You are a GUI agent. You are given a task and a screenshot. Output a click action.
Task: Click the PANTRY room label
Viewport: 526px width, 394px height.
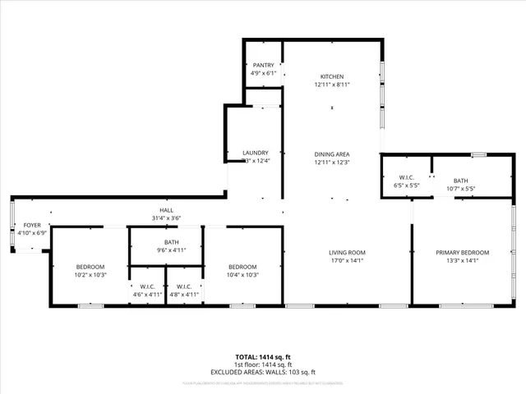pos(263,65)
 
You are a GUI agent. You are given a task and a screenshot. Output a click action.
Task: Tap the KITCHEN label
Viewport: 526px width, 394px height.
pos(332,76)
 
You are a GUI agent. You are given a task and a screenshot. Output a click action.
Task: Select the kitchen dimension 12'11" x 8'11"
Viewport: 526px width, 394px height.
pos(332,85)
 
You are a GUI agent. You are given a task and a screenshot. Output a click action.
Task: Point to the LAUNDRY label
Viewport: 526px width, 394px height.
pos(256,153)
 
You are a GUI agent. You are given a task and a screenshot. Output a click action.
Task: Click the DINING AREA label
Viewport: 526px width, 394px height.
pos(332,153)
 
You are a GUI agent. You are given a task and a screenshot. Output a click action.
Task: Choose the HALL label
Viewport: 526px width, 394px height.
pos(166,210)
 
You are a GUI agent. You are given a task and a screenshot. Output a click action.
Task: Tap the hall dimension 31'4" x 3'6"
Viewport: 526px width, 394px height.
pos(166,218)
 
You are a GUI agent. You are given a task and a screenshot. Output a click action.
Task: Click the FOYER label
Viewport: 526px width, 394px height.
pos(32,225)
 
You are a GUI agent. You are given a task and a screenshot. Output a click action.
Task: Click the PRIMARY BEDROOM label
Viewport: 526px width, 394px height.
pos(462,252)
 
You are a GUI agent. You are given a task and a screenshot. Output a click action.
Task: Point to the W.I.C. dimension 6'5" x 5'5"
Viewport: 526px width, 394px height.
pos(406,186)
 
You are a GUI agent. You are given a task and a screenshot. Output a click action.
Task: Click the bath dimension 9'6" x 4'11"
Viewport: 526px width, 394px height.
pos(172,250)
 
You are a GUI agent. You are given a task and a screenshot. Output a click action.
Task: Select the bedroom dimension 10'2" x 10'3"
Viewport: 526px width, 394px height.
pos(90,276)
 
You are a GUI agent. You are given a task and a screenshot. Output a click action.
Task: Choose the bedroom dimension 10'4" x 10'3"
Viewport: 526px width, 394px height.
pos(242,276)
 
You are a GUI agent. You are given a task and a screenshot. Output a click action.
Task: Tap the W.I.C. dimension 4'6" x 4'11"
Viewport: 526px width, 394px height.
pos(148,294)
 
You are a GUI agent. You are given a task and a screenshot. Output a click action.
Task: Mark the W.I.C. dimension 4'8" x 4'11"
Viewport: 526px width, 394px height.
pos(184,294)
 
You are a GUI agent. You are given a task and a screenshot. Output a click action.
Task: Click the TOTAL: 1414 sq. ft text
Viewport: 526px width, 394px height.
pos(263,357)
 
